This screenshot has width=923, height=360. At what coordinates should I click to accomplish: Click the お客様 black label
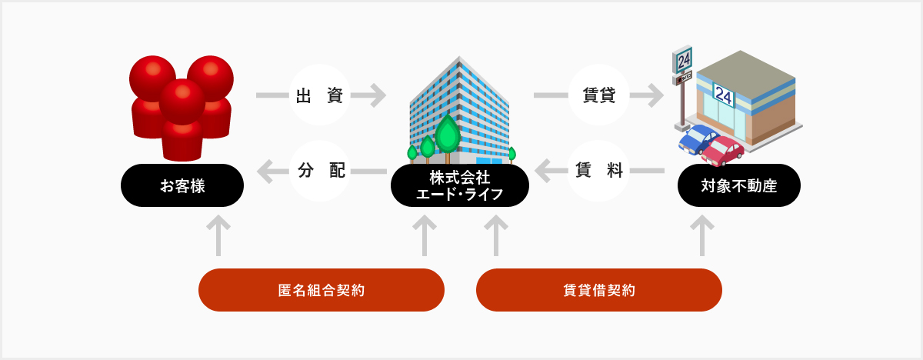[x=182, y=185]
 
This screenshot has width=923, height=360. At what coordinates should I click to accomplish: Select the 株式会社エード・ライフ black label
[x=460, y=185]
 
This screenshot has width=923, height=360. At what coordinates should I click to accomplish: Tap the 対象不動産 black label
[x=739, y=185]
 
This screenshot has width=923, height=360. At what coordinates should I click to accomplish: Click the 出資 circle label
[x=320, y=95]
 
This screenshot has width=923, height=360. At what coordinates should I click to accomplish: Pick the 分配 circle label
[x=320, y=171]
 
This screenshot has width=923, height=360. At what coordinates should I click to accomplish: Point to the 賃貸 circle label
[x=598, y=95]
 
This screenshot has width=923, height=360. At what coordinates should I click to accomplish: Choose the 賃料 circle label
[x=598, y=171]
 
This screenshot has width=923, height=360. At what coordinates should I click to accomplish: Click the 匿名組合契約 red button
[x=322, y=290]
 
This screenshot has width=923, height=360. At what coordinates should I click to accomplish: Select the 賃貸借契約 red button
[x=599, y=290]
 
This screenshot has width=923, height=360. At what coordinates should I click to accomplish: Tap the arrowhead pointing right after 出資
[x=379, y=95]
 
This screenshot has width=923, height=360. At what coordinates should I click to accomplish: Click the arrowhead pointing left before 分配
[x=264, y=171]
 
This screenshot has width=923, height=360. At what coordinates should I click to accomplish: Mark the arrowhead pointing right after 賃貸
[x=656, y=95]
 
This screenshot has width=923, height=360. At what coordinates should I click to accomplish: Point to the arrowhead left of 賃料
[x=542, y=171]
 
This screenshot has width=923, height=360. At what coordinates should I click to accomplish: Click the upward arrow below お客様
[x=218, y=235]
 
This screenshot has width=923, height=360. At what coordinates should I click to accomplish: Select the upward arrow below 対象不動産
[x=702, y=235]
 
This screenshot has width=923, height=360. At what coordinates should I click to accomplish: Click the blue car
[x=697, y=139]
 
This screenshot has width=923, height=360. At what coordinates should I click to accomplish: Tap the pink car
[x=723, y=152]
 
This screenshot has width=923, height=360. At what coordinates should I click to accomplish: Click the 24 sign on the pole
[x=682, y=60]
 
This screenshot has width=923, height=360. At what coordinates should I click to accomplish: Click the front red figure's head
[x=182, y=102]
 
